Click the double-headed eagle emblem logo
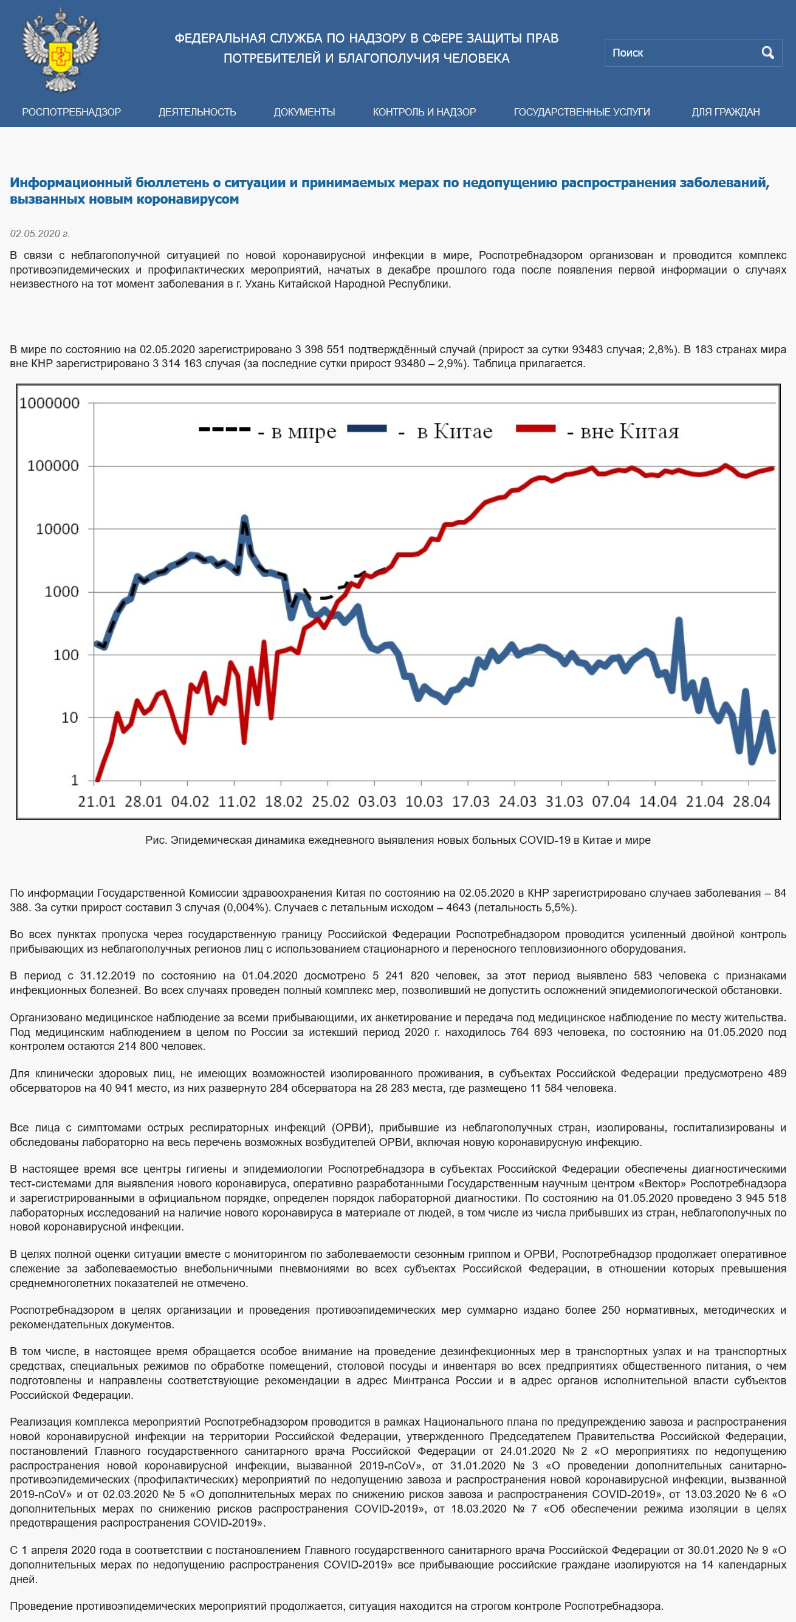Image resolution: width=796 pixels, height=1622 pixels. coord(61,50)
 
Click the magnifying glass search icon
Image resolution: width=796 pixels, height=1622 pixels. coord(767,53)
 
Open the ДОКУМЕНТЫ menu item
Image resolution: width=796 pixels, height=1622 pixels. coord(304,112)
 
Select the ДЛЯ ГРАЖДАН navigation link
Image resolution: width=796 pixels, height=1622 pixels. coord(726,112)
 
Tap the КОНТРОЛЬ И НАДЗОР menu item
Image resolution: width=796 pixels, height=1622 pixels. coord(424,112)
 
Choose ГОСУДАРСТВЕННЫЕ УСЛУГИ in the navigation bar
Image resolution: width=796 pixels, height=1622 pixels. coord(582,112)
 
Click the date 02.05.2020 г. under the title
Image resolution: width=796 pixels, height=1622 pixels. coord(39,233)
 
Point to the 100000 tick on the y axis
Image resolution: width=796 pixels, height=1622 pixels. coord(53,466)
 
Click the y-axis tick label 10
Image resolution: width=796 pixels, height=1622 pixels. coord(70,717)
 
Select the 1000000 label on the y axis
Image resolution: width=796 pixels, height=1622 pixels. coord(49,403)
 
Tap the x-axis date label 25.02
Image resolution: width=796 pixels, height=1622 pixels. coord(331,801)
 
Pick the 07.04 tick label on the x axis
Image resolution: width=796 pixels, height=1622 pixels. coord(611,801)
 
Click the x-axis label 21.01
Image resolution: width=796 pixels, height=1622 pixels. coord(97,801)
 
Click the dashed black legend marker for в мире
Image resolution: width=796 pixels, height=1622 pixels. coord(225,429)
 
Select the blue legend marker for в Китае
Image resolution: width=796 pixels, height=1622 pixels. coord(366,429)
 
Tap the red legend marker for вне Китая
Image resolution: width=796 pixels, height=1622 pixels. coord(535,429)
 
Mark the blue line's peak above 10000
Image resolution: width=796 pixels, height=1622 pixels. coord(244,518)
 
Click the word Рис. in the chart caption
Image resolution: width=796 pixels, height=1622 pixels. coord(156,840)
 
